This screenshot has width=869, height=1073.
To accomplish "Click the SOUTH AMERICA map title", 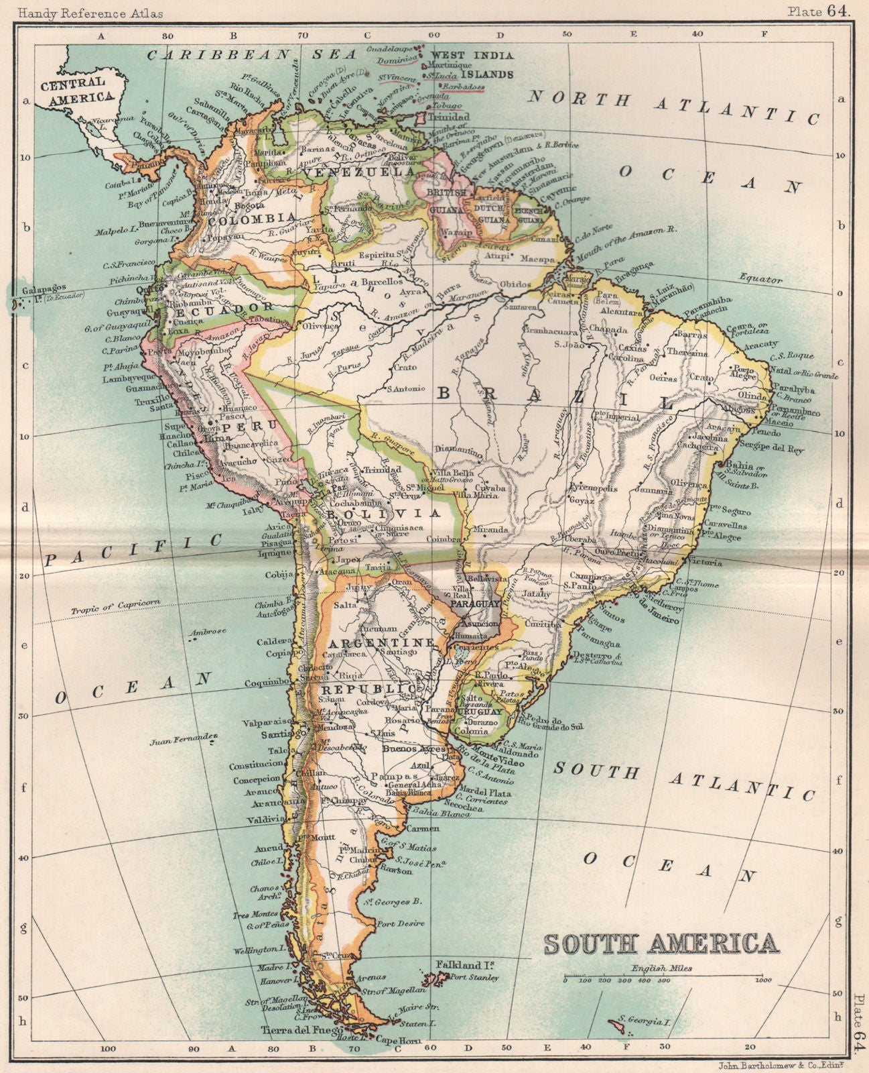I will pyautogui.click(x=661, y=943).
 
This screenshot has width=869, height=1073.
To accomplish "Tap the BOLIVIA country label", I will pyautogui.click(x=385, y=513).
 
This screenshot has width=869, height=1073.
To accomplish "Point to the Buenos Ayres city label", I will pyautogui.click(x=409, y=748).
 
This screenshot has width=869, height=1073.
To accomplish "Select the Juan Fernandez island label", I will pyautogui.click(x=185, y=740).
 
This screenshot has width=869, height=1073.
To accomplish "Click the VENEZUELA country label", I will pyautogui.click(x=359, y=172).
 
